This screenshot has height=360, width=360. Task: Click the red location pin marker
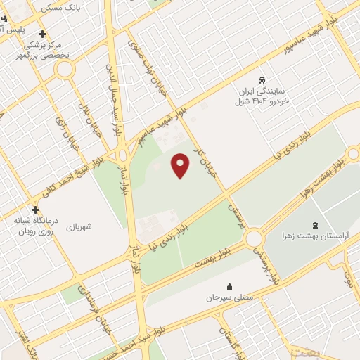pos(181,165)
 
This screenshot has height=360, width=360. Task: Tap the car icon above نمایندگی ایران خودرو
pos(262,80)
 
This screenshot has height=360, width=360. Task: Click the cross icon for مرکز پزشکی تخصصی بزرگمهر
pos(42,34)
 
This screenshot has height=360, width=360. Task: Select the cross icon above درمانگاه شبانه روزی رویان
pos(35,210)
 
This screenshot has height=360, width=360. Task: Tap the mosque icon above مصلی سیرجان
pos(229,287)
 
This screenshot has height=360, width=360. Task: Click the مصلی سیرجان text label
pos(229,297)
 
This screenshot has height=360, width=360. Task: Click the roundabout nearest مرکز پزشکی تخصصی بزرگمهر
pos(65,69)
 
